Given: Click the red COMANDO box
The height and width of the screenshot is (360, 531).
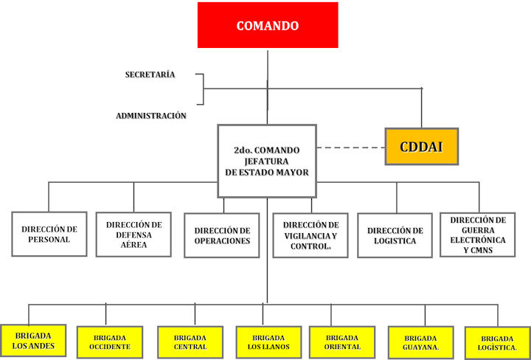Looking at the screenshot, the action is (x=268, y=25).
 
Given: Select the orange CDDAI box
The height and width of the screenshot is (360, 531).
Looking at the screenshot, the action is (x=422, y=147).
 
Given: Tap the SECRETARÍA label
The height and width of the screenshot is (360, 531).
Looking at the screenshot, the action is (x=150, y=75).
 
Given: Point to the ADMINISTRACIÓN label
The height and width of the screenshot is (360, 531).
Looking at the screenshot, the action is (x=151, y=116).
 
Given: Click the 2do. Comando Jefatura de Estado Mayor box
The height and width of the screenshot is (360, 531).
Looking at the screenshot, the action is (x=267, y=162).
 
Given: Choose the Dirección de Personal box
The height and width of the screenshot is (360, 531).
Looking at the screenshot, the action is (x=49, y=234).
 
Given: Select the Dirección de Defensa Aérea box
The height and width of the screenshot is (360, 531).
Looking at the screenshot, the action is (x=133, y=235).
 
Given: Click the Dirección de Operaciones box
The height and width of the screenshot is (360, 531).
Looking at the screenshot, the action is (x=222, y=235).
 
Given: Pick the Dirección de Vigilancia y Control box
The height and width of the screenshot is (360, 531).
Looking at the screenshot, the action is (x=310, y=235).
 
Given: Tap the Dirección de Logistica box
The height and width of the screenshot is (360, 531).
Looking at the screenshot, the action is (x=395, y=235).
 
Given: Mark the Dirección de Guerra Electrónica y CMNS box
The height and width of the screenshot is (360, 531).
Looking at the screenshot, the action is (x=478, y=235).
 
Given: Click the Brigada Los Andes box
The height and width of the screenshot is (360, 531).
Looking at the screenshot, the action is (x=33, y=341).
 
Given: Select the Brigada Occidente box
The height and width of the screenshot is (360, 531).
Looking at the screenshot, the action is (x=110, y=342).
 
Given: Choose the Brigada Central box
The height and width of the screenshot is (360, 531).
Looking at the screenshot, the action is (x=190, y=342).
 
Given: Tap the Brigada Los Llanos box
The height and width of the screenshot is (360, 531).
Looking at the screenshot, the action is (x=268, y=342).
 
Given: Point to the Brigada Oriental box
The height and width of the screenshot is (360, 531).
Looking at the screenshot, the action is (x=342, y=342).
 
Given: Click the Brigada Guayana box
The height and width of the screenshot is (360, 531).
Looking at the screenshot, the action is (x=421, y=342).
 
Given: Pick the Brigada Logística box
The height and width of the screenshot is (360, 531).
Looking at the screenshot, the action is (x=498, y=343).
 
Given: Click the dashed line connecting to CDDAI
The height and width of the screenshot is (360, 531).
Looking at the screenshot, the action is (x=351, y=148).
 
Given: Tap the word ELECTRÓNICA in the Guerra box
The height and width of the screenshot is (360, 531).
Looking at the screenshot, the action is (x=478, y=240).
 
